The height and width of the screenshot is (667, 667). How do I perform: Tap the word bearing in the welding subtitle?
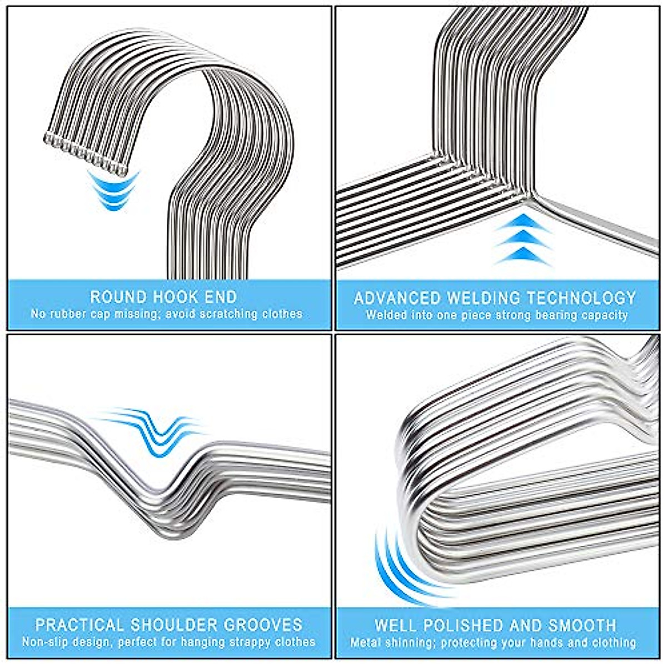[x=544, y=315]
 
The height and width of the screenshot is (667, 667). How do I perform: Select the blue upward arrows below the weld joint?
[x=522, y=239]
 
